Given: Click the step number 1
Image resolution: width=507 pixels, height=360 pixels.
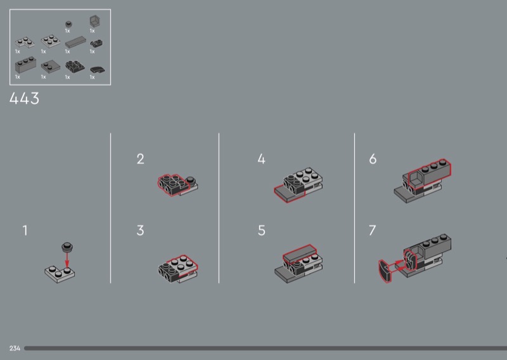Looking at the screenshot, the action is (25, 230).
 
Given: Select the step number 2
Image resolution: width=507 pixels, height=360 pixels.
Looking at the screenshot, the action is (140, 159).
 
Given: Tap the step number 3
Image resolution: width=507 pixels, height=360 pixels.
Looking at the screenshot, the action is (140, 230).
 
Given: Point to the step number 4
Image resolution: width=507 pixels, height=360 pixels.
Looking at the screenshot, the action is (262, 159).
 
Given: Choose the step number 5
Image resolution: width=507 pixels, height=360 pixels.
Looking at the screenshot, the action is (262, 230).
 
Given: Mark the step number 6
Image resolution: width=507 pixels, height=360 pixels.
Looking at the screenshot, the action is (373, 159).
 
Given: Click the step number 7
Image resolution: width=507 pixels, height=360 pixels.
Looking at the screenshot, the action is (373, 230).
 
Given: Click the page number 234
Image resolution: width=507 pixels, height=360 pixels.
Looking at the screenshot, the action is (15, 348).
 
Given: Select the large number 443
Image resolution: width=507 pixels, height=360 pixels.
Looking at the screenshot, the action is (24, 98).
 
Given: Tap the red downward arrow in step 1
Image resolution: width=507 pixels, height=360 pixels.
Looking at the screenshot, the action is (67, 259).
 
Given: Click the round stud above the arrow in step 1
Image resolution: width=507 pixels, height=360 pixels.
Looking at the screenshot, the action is (67, 247).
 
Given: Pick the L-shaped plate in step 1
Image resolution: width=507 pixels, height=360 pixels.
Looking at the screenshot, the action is (60, 274).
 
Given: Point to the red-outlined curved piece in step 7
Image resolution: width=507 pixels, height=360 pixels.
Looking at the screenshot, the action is (385, 271).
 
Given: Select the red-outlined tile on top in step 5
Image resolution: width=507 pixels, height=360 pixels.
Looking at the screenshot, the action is (299, 253).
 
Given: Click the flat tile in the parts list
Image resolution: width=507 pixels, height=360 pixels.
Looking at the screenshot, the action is (75, 42).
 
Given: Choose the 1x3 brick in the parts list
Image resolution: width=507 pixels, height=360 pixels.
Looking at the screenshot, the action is (25, 65).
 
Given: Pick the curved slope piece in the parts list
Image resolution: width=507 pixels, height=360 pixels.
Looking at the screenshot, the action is (98, 70).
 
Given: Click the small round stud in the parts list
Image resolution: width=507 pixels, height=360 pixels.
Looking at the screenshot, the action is (68, 24).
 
